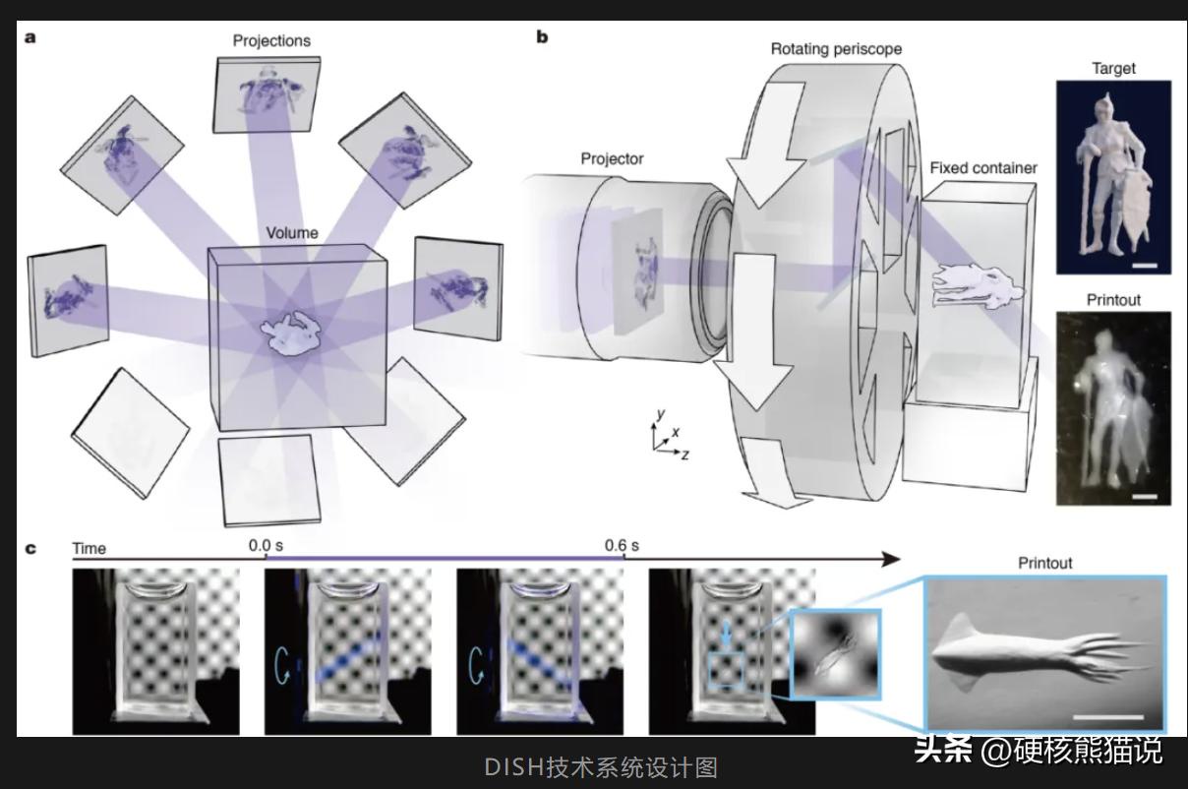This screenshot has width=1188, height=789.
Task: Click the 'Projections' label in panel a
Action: pos(271,41)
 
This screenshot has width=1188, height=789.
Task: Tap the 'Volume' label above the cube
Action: pos(292,233)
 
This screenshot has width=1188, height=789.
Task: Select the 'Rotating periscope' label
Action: pos(836,49)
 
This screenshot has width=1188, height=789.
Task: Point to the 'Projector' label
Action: pos(612,158)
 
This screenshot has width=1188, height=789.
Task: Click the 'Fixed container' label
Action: pos(983,168)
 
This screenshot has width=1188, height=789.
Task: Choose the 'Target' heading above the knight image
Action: pos(1113,69)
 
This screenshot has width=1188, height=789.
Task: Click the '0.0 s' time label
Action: pos(266,545)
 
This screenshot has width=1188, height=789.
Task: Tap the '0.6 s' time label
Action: pos(622,545)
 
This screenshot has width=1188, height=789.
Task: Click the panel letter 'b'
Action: pos(542,36)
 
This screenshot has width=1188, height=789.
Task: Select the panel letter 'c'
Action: pos(30,548)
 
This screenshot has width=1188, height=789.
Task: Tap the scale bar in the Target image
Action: pos(1145,265)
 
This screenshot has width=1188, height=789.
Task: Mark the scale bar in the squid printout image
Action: pos(1108,717)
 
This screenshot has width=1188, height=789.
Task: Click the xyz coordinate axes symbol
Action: pos(670,435)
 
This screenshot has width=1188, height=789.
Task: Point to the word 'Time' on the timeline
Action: pos(89,548)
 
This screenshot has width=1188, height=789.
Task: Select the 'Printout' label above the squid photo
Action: pos(1044,563)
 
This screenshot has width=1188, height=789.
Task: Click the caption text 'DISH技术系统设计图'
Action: pos(601,767)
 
